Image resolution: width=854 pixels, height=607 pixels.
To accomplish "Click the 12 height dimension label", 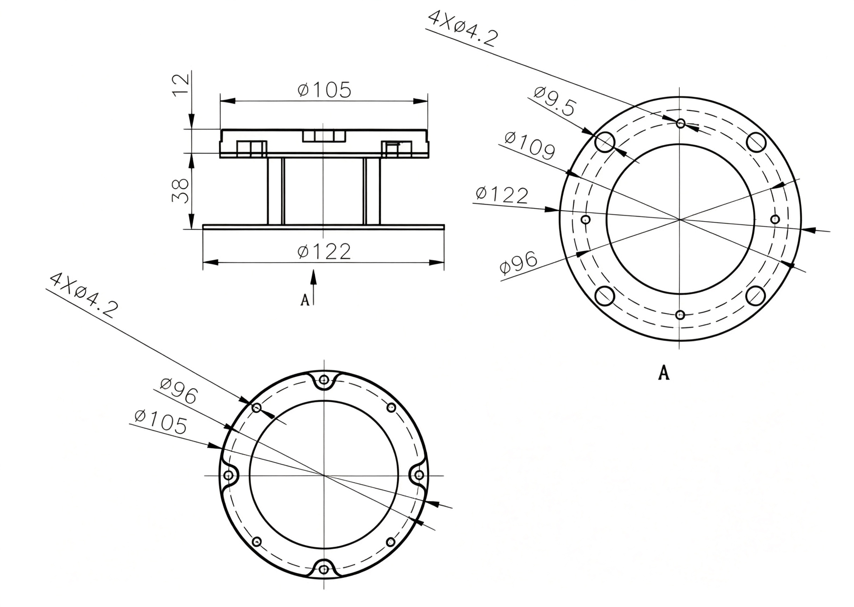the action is point(180,85).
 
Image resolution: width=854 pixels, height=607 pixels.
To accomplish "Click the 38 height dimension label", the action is point(180,191).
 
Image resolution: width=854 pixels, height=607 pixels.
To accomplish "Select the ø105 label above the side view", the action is point(324,90).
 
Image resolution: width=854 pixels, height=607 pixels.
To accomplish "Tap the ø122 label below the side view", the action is point(324,251).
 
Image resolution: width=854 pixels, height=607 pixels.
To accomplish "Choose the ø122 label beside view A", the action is point(502,195).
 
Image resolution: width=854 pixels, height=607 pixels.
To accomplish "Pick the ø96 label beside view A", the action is point(519,262).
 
